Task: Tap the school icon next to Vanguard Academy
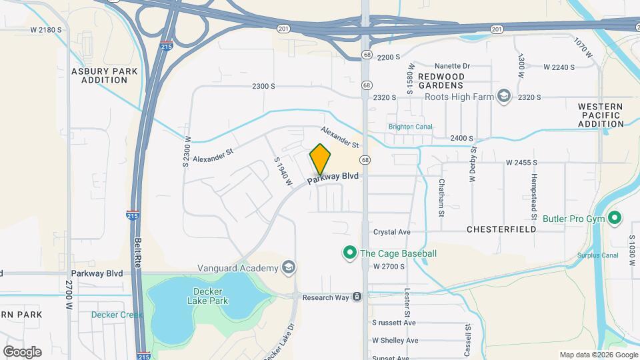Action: [289, 268]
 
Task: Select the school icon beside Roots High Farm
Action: [504, 97]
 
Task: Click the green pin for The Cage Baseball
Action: [348, 253]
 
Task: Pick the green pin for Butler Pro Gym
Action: [615, 218]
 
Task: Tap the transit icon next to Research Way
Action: [357, 297]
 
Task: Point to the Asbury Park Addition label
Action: [104, 75]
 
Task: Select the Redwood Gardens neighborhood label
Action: [441, 81]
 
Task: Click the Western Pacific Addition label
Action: [600, 115]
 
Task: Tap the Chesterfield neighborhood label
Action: [501, 229]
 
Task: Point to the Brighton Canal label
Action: [410, 127]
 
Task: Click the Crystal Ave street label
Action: [391, 232]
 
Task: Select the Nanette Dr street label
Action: [452, 66]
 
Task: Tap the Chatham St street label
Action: [441, 197]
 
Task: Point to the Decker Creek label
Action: [117, 315]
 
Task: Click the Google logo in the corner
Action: [22, 352]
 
